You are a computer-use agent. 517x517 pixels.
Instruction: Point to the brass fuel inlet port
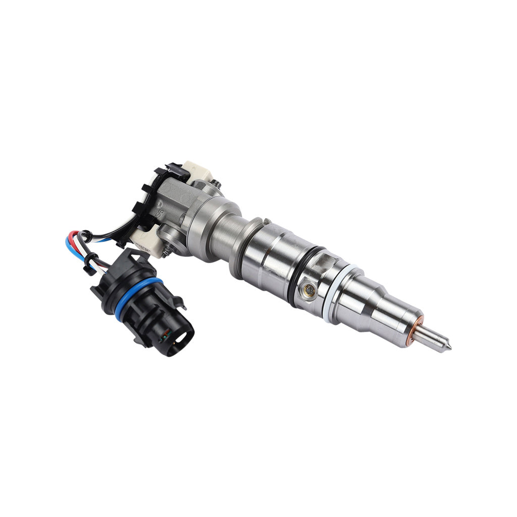coord(309,290)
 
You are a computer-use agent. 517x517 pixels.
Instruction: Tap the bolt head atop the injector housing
coord(217,185)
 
